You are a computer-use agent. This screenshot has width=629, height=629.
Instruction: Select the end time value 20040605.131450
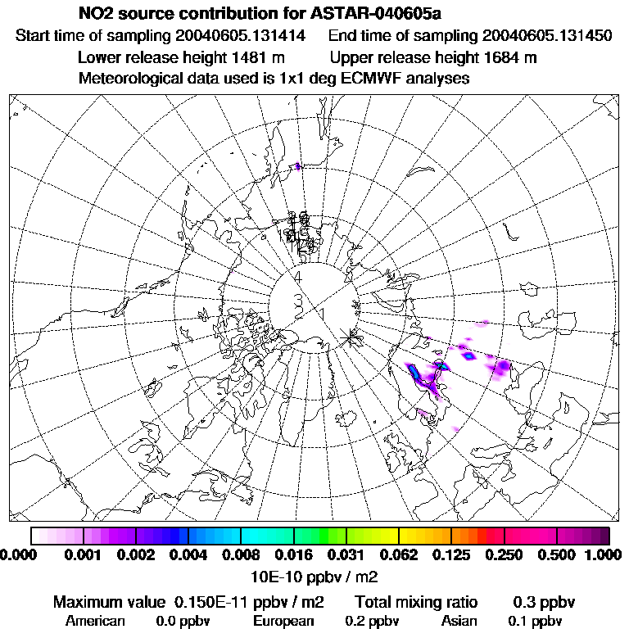coord(547,36)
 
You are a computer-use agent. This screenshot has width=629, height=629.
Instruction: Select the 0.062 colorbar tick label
coord(399,554)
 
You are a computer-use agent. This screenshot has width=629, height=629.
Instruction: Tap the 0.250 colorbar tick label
coord(505,554)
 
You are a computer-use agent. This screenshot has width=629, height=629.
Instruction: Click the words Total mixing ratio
coord(416,603)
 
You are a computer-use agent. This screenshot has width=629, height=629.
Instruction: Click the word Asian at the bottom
coord(459,621)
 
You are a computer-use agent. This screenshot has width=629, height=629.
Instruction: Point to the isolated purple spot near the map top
coord(298,166)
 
